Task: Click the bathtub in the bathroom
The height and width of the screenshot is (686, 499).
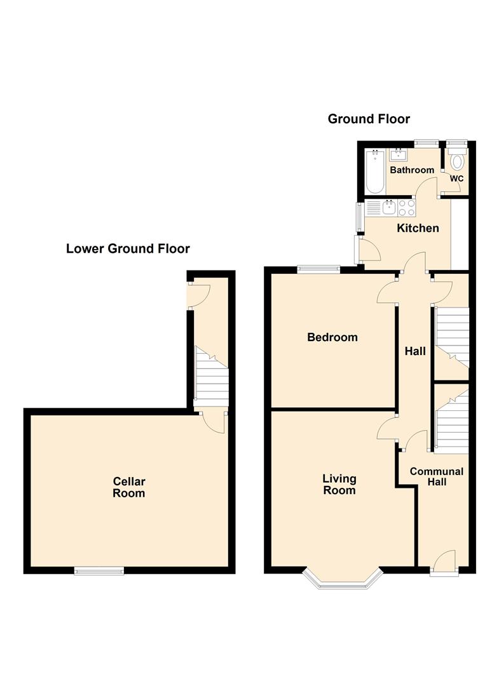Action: pos(374,171)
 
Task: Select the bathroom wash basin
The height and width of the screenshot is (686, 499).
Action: pos(399,154)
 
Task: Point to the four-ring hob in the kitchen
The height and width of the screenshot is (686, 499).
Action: pos(407,208)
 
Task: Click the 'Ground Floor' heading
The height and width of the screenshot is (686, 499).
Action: pos(369,119)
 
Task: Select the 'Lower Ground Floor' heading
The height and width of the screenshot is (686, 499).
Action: pos(128,248)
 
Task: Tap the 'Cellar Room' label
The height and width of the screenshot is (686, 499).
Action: pos(129,487)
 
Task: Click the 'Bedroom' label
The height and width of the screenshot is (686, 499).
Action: pos(332,337)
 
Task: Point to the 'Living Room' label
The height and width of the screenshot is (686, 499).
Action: pos(339,484)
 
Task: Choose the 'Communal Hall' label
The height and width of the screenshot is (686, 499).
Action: pos(437,476)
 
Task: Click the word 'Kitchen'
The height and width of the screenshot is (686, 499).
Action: pos(418,228)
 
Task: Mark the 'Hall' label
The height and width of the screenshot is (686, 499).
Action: pos(416,351)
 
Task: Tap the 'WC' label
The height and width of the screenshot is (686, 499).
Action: pos(456,178)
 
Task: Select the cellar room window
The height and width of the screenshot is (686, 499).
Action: pos(99,571)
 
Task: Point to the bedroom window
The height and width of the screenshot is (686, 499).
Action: pos(318,269)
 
